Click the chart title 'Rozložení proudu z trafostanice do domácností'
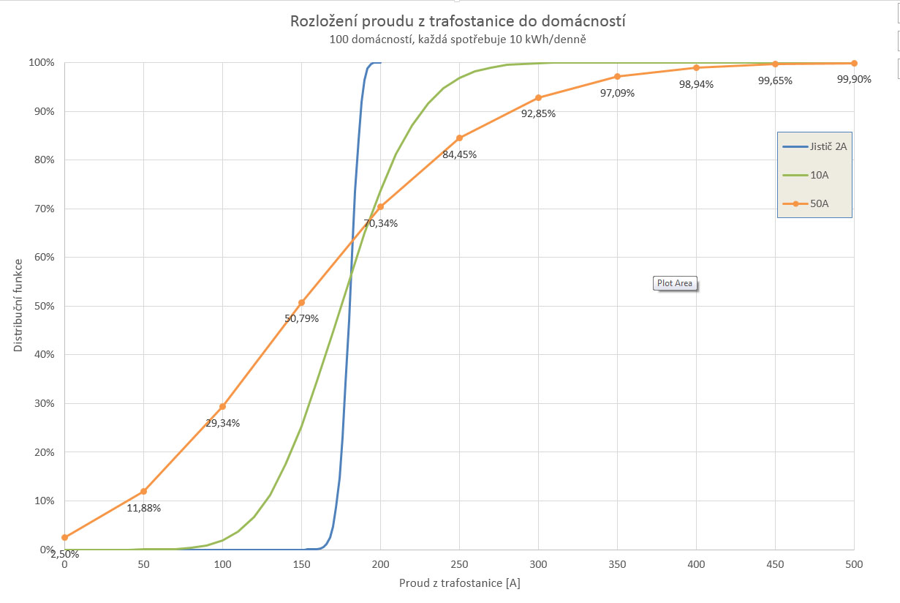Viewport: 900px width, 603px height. pos(458,21)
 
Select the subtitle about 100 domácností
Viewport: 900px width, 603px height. pos(458,40)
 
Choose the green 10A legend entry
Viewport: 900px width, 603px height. pos(819,175)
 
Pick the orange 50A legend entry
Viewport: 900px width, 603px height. pos(819,203)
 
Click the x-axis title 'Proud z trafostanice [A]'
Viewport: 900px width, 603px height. pos(459,583)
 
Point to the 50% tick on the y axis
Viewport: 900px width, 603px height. pos(42,306)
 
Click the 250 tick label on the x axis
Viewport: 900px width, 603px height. pos(459,564)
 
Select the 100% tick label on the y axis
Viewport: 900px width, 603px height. pos(41,62)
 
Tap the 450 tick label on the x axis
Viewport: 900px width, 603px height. pos(775,564)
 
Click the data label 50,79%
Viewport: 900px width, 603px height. pos(301,318)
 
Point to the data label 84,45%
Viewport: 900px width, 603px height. pos(459,154)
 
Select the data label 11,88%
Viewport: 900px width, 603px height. pos(143,508)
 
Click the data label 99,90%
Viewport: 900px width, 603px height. pos(854,80)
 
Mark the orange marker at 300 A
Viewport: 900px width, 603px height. pos(538,97)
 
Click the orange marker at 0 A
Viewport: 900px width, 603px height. pos(64,537)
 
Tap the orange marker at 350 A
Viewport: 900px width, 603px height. pos(617,77)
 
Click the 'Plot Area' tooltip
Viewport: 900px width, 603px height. pos(674,283)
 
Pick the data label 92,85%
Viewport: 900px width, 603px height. pos(538,113)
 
